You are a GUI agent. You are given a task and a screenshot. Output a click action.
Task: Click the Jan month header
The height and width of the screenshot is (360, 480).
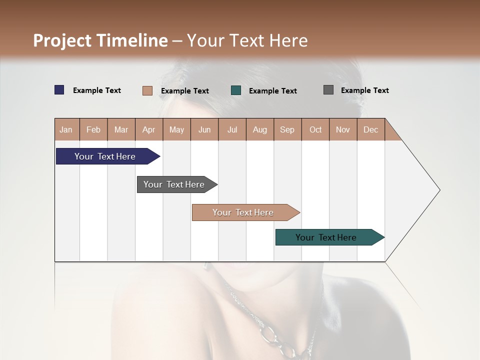click(x=66, y=129)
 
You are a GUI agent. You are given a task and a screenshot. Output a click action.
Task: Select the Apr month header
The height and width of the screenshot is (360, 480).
click(x=148, y=129)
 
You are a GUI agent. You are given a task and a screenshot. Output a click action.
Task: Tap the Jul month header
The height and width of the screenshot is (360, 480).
click(x=232, y=129)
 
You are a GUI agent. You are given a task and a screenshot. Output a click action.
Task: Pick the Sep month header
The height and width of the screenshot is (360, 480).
click(x=287, y=129)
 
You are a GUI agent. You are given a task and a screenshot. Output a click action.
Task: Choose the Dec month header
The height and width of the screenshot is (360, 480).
click(x=370, y=129)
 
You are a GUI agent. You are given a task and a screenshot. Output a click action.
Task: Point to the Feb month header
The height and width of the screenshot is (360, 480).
click(x=93, y=129)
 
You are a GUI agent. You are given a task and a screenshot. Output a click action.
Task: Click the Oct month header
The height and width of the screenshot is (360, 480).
click(x=315, y=129)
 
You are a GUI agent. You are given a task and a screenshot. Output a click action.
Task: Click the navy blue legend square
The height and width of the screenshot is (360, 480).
click(x=59, y=90)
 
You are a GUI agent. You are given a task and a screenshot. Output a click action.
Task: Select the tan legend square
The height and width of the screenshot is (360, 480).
click(x=147, y=90)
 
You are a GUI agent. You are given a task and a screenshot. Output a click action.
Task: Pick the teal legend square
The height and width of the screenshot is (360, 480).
click(x=236, y=90)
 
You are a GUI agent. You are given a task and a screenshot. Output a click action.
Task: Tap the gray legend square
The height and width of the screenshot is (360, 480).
click(x=328, y=90)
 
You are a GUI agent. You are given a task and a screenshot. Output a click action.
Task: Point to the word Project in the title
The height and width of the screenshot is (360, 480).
click(x=62, y=40)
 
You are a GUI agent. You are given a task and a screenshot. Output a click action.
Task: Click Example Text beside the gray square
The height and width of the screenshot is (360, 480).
click(x=364, y=90)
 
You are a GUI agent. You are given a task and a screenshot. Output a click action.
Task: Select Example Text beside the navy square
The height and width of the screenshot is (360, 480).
click(x=97, y=90)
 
